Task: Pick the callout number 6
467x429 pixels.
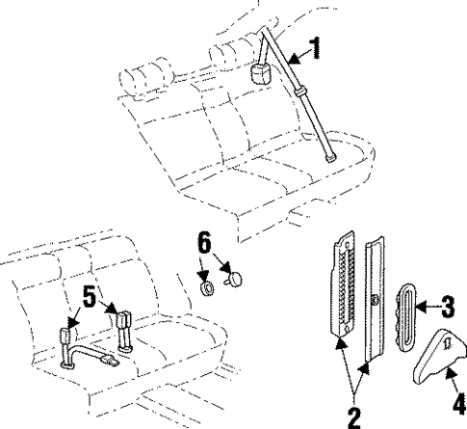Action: [204, 243]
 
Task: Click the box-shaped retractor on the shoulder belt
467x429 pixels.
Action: [261, 73]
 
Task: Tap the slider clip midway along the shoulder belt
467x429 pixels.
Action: [305, 90]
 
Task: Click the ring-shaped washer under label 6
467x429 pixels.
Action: [205, 286]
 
